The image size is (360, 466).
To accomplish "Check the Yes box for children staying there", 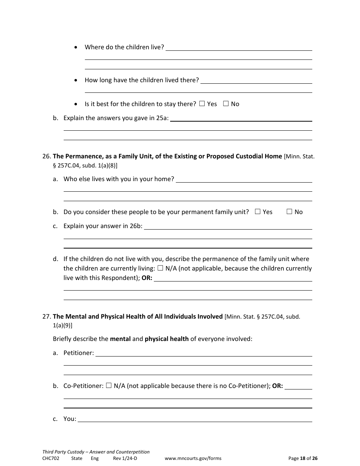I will click(x=202, y=104).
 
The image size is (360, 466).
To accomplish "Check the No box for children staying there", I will click(x=226, y=104).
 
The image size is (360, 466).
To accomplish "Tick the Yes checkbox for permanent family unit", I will click(x=258, y=212).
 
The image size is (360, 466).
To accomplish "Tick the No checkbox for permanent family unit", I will click(x=289, y=212).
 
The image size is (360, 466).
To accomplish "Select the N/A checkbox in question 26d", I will click(x=160, y=268).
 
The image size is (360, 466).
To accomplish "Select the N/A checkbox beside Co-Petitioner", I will click(x=109, y=386).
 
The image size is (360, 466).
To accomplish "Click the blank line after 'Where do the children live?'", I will click(x=239, y=48).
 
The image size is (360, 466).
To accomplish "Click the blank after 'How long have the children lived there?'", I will click(x=256, y=81).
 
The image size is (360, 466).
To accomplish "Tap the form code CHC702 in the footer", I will click(x=51, y=458).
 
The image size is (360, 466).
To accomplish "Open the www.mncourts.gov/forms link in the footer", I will click(x=193, y=458).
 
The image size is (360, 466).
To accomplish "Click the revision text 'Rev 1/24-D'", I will click(x=125, y=458).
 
